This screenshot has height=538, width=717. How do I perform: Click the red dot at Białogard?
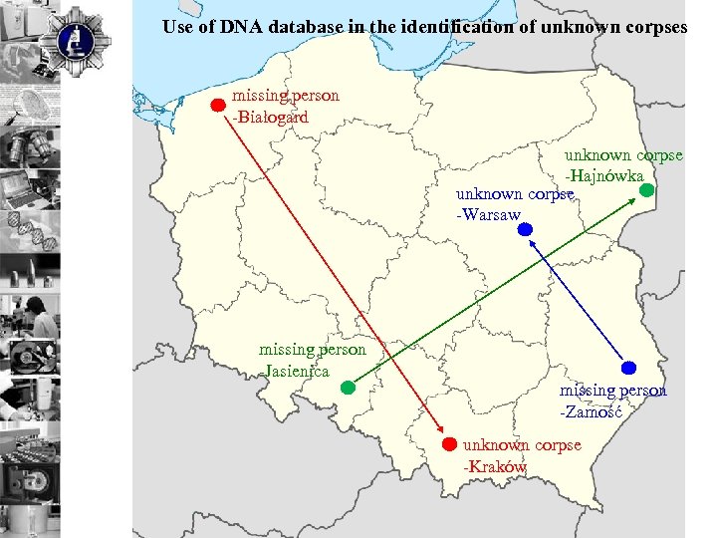point(219,104)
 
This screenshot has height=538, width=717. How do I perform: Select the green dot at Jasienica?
point(347,389)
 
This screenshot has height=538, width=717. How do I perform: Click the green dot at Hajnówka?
point(646,188)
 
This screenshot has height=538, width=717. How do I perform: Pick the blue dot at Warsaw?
point(525,229)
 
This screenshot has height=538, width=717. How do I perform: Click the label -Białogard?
point(270,117)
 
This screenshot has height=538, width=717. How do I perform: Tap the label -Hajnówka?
point(605,175)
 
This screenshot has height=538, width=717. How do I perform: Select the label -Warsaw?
point(489,214)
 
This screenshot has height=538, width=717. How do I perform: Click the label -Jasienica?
point(295,370)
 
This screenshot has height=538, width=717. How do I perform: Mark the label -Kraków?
point(495,466)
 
